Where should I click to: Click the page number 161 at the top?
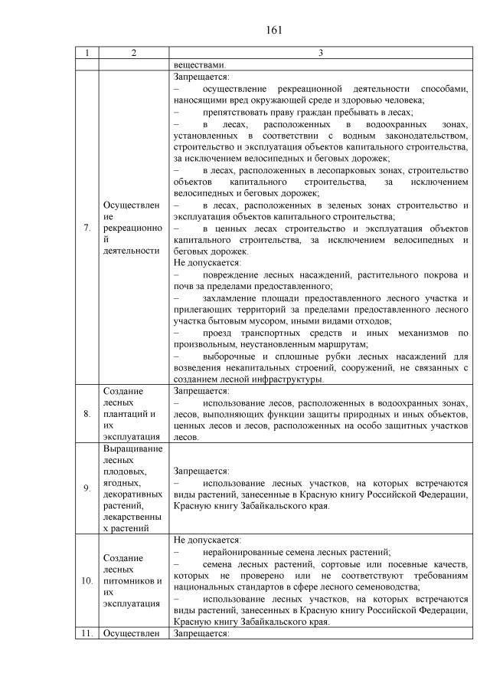[x=275, y=31]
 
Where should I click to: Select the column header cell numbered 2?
[x=134, y=53]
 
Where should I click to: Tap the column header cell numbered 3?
[x=320, y=53]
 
